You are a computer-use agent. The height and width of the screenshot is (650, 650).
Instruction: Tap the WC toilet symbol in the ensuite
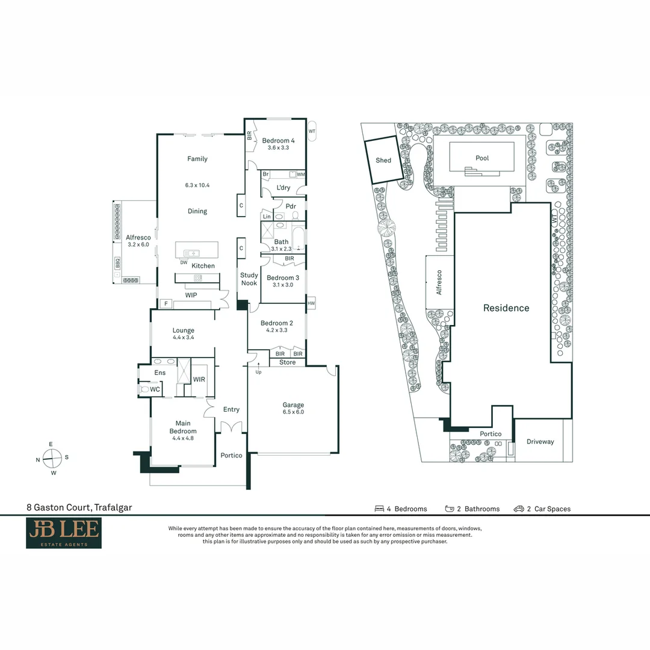pyautogui.click(x=144, y=389)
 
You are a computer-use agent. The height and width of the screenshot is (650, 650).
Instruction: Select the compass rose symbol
pyautogui.click(x=52, y=458)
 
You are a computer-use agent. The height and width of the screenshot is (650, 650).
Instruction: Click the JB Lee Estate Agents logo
pyautogui.click(x=64, y=533)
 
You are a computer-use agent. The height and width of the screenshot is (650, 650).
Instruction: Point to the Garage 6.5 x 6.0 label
pyautogui.click(x=293, y=408)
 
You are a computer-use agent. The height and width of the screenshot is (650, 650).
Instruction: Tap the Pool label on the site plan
pyautogui.click(x=482, y=158)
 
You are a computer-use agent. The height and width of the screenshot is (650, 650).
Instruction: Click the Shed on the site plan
pyautogui.click(x=383, y=160)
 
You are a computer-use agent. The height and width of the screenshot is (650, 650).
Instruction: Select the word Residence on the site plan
pyautogui.click(x=506, y=308)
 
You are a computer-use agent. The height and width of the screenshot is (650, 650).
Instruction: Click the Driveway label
pyautogui.click(x=540, y=442)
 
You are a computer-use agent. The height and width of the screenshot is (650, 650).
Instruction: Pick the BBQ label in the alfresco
pyautogui.click(x=118, y=263)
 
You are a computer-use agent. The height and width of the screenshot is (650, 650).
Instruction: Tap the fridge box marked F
pyautogui.click(x=166, y=304)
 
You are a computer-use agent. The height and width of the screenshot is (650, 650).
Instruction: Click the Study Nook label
pyautogui.click(x=249, y=279)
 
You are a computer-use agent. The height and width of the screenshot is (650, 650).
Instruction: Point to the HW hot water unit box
pyautogui.click(x=311, y=303)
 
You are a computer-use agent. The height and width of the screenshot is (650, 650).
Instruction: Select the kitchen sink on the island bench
pyautogui.click(x=191, y=253)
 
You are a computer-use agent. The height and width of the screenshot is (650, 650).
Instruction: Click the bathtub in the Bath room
pyautogui.click(x=299, y=240)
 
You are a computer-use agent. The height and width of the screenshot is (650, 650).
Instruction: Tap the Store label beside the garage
pyautogui.click(x=287, y=362)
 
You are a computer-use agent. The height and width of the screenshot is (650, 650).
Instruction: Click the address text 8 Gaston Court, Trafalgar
pyautogui.click(x=79, y=507)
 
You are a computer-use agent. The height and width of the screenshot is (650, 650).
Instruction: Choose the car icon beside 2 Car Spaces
pyautogui.click(x=519, y=509)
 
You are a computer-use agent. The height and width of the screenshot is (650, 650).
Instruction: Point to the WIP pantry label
pyautogui.click(x=191, y=295)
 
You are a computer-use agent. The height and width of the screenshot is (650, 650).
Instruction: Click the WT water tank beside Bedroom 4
pyautogui.click(x=312, y=131)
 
